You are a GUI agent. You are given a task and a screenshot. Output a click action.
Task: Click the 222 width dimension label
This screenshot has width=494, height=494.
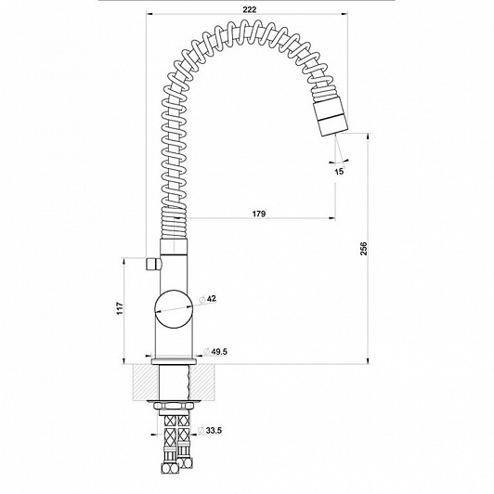click(x=250, y=9)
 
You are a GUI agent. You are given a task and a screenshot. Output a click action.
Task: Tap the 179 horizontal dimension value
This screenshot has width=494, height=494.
click(x=259, y=214)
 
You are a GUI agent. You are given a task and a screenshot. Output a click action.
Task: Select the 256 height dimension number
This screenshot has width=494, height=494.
click(x=364, y=249)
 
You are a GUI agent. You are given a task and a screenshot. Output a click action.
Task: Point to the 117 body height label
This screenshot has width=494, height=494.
click(x=120, y=308)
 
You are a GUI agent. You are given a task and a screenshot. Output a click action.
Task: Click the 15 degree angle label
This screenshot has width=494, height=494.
click(x=339, y=172)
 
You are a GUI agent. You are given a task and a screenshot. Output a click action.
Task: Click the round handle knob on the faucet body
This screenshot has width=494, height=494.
click(x=174, y=309)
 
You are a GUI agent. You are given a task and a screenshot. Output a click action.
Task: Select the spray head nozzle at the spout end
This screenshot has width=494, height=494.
click(x=331, y=116)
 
